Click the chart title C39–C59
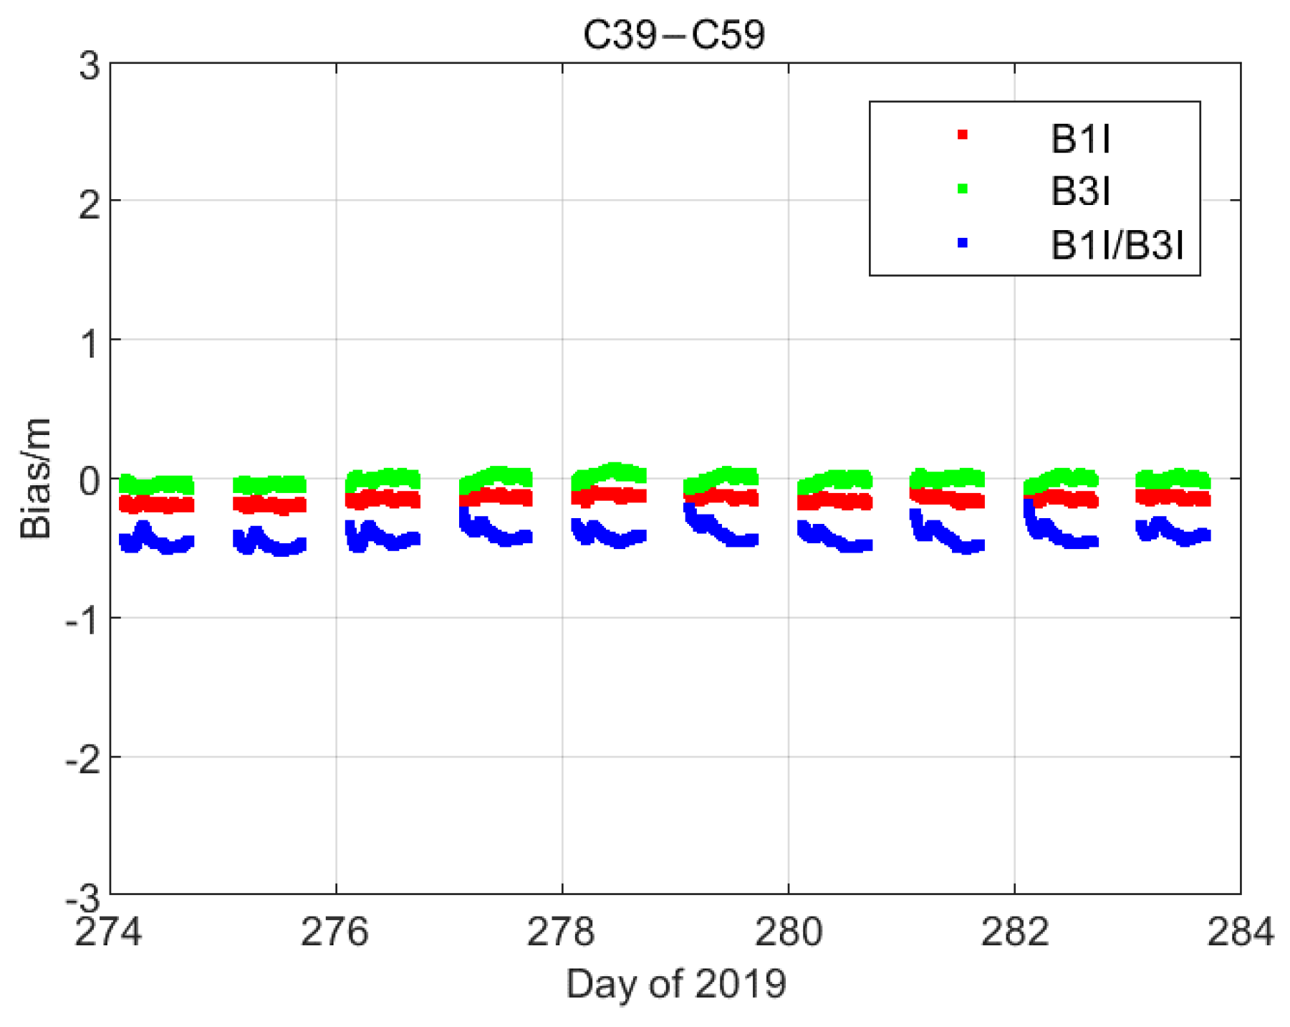(x=674, y=34)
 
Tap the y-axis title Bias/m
(x=36, y=478)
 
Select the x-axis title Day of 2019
(x=675, y=983)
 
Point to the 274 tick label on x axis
(x=109, y=932)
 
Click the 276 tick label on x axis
(x=335, y=932)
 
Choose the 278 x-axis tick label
(x=562, y=932)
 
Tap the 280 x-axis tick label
(x=788, y=932)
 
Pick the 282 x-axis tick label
(x=1014, y=932)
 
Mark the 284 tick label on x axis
(x=1241, y=932)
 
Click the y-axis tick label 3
(x=90, y=67)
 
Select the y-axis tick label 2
(x=90, y=206)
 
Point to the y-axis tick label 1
(x=90, y=344)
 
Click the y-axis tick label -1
(x=82, y=621)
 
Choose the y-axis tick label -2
(x=82, y=760)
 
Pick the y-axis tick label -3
(x=82, y=897)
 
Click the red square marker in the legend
(x=962, y=135)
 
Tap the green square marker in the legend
(x=962, y=189)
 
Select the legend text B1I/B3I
(x=1117, y=245)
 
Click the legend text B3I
(x=1080, y=191)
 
